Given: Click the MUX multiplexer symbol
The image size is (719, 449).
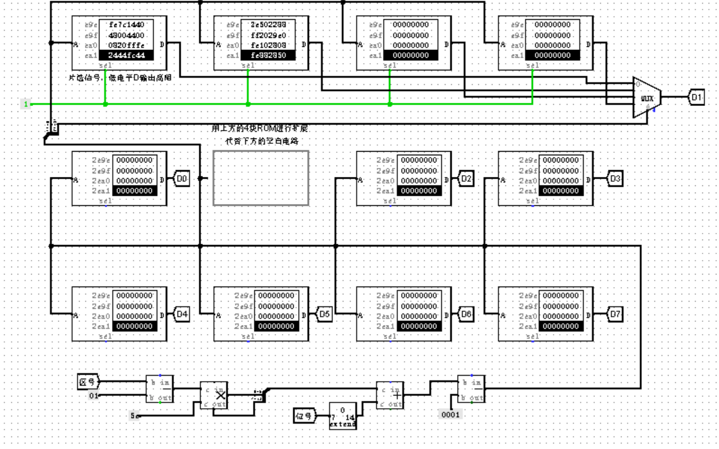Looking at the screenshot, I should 647,98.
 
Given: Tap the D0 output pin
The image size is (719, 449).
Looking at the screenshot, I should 182,179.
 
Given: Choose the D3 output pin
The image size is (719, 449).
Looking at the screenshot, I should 614,179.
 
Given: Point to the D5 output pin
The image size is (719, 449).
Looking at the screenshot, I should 324,314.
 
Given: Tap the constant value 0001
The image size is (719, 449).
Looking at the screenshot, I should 450,415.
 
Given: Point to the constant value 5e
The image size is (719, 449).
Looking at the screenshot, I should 135,415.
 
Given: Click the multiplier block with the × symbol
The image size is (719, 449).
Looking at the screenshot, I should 214,395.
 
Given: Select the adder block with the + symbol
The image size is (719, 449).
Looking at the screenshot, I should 390,395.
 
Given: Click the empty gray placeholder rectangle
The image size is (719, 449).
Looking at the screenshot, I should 261,178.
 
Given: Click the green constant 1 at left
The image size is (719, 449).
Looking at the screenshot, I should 26,104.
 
